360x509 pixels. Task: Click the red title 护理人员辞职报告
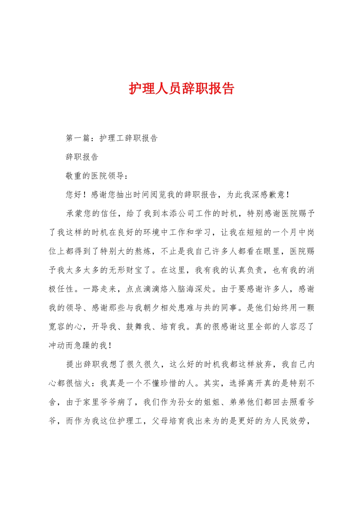point(182,88)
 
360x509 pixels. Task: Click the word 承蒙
point(74,214)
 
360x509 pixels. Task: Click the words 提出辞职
point(83,364)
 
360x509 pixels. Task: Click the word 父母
point(160,421)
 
